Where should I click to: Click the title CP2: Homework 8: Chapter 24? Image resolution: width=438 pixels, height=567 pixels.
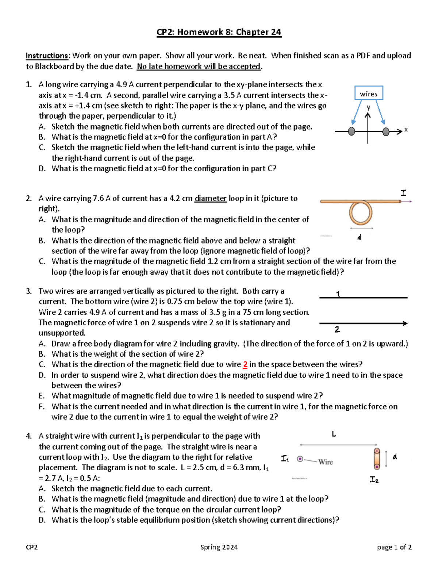(x=219, y=32)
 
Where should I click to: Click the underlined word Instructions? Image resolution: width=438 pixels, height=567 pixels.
(x=47, y=55)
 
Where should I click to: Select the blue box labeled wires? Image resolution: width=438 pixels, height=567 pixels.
(x=369, y=93)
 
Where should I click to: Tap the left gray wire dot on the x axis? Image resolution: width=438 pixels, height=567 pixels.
(x=351, y=131)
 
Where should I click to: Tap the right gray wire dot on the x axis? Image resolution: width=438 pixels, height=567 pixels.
(x=386, y=131)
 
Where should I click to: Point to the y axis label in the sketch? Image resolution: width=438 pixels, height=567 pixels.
(x=369, y=107)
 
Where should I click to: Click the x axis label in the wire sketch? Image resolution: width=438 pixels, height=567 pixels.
(x=406, y=130)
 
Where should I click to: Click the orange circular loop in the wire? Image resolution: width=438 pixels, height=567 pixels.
(x=361, y=213)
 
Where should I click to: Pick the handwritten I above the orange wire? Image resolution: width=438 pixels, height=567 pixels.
(x=403, y=192)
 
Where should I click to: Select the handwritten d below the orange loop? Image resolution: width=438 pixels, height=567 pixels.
(x=360, y=238)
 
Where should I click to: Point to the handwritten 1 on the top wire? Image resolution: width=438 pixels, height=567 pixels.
(x=338, y=294)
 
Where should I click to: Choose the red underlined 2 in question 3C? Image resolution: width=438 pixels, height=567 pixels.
(x=245, y=364)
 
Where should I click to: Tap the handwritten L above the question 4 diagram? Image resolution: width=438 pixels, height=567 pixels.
(x=334, y=434)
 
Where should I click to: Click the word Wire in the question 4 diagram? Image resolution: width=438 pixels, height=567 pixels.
(x=325, y=462)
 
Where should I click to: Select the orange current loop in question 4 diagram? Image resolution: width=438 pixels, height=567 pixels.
(x=377, y=459)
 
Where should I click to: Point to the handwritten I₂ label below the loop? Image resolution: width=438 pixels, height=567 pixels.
(x=374, y=480)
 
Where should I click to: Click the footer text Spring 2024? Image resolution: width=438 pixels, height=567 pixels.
(x=219, y=547)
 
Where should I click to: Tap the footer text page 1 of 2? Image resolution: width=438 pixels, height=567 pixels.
(x=394, y=547)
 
